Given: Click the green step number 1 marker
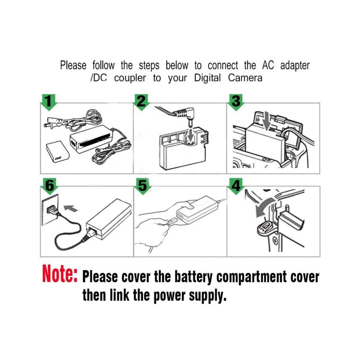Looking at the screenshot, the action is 49,102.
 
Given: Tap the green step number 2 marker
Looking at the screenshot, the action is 141,102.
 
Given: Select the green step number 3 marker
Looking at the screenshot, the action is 236,102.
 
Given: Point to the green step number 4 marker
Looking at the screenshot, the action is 236,186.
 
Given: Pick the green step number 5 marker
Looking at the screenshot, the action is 143,186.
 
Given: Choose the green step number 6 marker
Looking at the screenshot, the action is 50,186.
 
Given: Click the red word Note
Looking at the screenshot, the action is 60,274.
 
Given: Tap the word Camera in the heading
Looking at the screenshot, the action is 245,78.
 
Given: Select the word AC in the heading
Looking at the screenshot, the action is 268,65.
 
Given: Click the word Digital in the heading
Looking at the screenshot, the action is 207,78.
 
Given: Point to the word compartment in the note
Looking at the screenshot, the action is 251,277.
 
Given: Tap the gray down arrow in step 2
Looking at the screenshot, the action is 190,135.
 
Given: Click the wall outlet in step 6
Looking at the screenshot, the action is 50,210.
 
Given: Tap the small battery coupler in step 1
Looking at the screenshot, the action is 57,152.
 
